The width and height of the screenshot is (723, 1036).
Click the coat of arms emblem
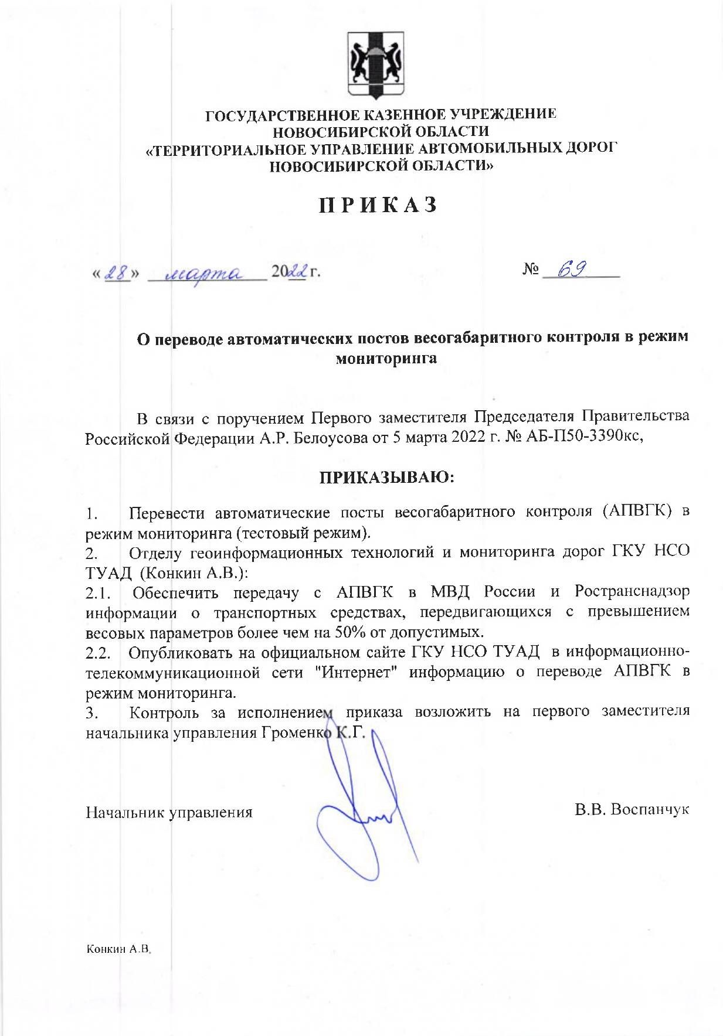[375, 66]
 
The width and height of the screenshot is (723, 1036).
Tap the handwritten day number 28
[116, 272]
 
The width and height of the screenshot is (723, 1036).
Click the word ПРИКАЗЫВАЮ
[386, 477]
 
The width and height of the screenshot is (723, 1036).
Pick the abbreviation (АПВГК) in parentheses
[637, 512]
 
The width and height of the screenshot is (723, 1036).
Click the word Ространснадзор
[632, 591]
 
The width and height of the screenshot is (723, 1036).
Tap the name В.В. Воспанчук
[632, 810]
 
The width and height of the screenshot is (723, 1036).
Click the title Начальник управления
[169, 813]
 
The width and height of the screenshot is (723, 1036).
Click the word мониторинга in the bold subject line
[386, 359]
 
